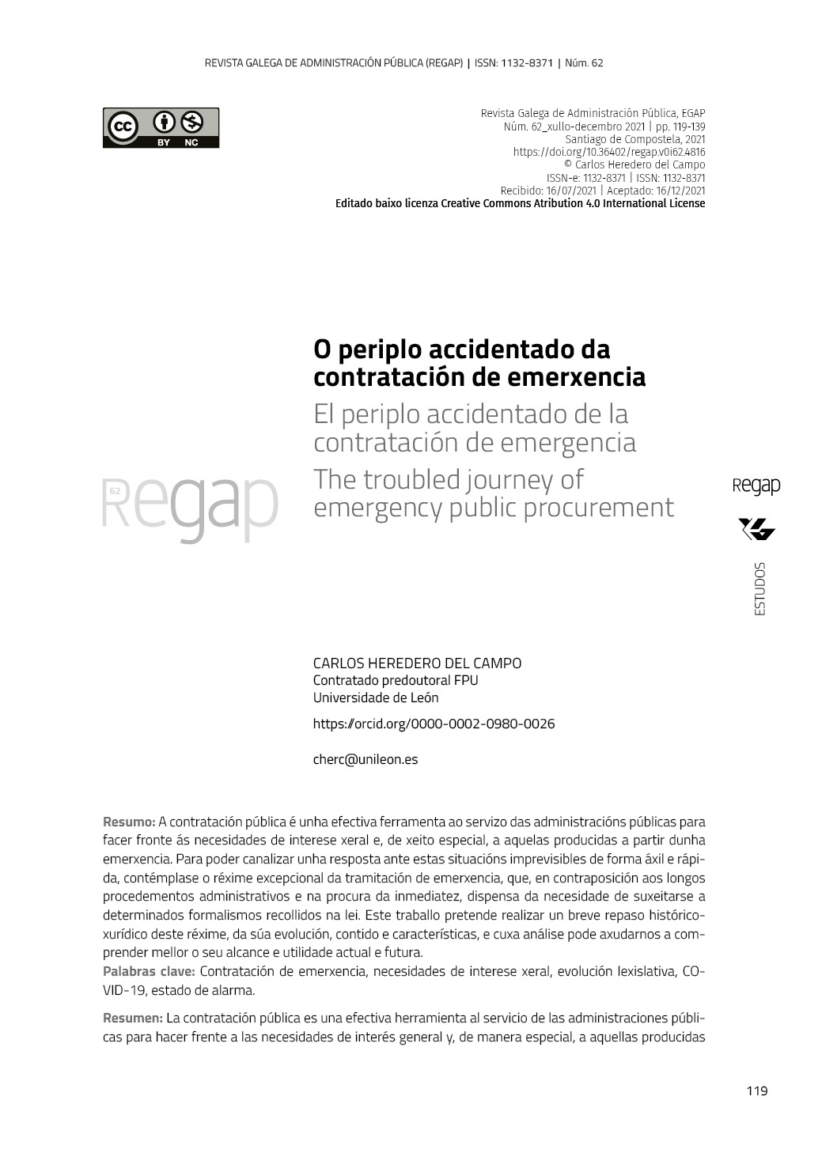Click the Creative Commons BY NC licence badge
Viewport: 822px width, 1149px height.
click(x=161, y=128)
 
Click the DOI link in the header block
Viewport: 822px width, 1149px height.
click(x=609, y=153)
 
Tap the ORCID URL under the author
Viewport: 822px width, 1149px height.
click(x=434, y=724)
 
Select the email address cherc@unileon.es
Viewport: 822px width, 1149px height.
click(x=366, y=759)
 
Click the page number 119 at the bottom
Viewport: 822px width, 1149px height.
click(x=756, y=1091)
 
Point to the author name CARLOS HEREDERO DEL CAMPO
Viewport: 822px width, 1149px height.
click(x=417, y=663)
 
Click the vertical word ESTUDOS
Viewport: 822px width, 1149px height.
click(x=759, y=588)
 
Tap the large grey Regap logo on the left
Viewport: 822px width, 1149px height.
click(x=190, y=506)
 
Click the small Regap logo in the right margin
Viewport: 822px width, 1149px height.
click(x=756, y=486)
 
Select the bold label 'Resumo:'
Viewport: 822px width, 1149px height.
click(x=129, y=822)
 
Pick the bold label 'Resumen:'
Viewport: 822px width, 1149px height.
click(x=133, y=1018)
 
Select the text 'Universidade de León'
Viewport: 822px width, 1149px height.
click(x=376, y=697)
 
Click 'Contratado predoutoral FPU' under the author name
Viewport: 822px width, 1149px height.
click(x=396, y=680)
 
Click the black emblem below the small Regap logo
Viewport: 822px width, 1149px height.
click(x=756, y=529)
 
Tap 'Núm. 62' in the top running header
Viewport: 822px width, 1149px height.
click(x=584, y=62)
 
